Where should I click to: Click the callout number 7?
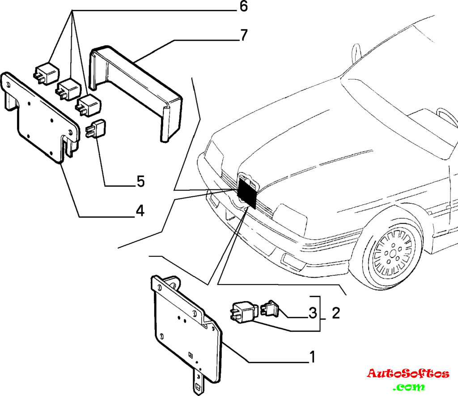click(243, 35)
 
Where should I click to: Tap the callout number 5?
click(140, 181)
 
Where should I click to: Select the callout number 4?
click(140, 211)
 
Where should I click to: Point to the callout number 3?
click(312, 312)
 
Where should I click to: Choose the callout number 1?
click(312, 357)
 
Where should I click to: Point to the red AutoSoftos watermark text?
click(408, 373)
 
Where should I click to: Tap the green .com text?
click(408, 386)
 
